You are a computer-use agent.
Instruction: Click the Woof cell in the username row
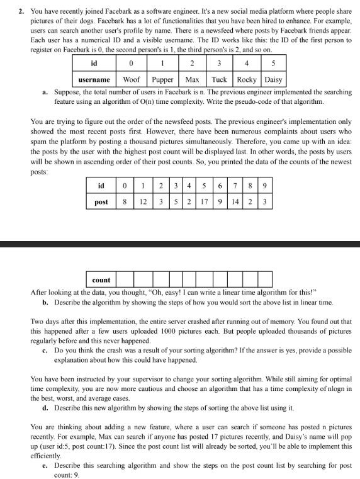(x=132, y=80)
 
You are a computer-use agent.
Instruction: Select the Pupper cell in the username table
(x=163, y=80)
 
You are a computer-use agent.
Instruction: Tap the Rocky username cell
(x=246, y=80)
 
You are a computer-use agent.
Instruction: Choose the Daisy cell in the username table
(x=274, y=80)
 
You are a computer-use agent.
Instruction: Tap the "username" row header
(x=94, y=80)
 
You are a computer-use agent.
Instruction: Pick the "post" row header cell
(x=101, y=202)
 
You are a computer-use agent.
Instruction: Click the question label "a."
(x=46, y=93)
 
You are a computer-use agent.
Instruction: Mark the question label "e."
(x=45, y=465)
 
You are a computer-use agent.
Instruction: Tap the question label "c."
(x=45, y=350)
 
